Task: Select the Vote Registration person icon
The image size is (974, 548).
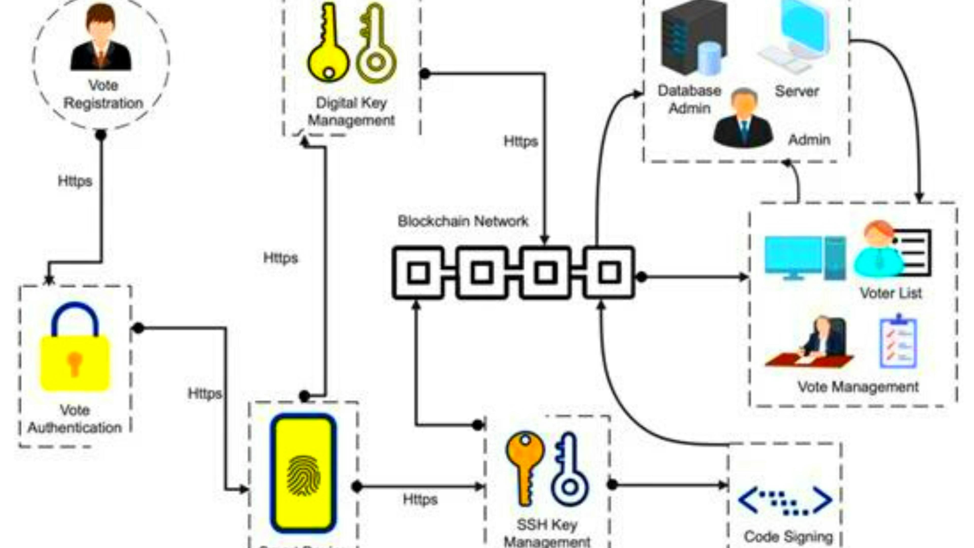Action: click(x=101, y=38)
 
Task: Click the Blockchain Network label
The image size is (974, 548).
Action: click(x=463, y=221)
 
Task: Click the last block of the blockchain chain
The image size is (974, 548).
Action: click(x=609, y=272)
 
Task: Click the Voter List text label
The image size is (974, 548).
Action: click(x=891, y=293)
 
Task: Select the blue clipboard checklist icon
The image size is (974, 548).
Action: click(x=898, y=342)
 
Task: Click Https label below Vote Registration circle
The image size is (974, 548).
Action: click(x=75, y=181)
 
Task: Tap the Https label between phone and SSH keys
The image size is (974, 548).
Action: click(x=420, y=500)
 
